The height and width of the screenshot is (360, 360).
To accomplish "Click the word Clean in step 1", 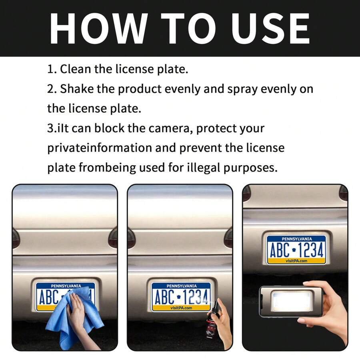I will tap(76, 69).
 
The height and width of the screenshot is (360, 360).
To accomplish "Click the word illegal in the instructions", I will tap(207, 167).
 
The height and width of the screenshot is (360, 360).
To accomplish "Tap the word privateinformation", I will tap(100, 148).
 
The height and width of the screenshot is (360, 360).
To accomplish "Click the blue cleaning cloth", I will tap(72, 316).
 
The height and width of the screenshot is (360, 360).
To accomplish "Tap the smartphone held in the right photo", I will tap(291, 301).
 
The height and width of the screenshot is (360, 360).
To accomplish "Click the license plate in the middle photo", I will tap(181, 296).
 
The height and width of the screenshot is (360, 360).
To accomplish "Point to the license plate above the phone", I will tap(296, 250).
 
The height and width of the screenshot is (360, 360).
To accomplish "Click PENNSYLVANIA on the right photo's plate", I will tap(296, 239).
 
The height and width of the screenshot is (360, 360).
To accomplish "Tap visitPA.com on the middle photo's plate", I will tap(181, 308).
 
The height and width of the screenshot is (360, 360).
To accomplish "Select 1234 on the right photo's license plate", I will tap(310, 250).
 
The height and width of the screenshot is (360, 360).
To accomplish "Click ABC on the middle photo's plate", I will tap(163, 298).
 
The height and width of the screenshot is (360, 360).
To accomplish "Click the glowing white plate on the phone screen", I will tap(290, 302).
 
